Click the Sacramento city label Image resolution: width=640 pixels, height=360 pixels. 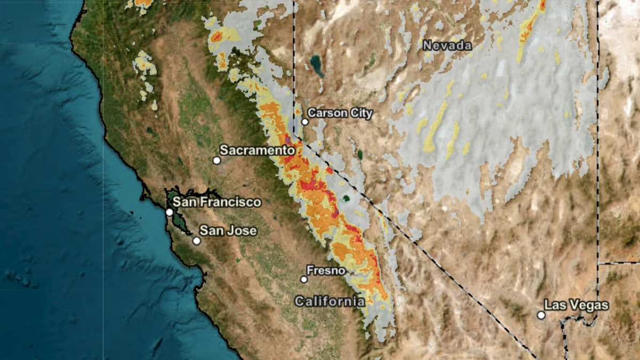coord(257,150)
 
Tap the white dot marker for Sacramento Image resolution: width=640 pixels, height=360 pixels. coord(217,160)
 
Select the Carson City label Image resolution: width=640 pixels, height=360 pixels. coord(340,113)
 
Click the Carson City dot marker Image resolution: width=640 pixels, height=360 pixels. coord(305,122)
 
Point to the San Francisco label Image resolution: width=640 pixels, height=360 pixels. coord(217,202)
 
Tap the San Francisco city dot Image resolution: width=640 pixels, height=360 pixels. coord(169,212)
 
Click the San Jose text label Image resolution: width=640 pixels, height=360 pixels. coord(228,231)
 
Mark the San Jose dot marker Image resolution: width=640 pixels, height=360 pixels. coord(197,241)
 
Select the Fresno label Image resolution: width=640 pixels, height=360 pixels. coord(325,270)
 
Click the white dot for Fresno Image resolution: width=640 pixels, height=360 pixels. coord(304,279)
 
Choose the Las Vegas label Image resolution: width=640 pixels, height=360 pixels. coord(576,305)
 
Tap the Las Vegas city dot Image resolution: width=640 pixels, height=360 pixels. coord(541,315)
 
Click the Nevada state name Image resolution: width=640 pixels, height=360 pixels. coord(447,46)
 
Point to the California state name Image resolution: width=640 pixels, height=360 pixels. coord(330,301)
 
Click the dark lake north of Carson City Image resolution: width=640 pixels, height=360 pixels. coord(317,66)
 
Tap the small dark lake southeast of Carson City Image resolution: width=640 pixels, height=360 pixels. coord(360,155)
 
